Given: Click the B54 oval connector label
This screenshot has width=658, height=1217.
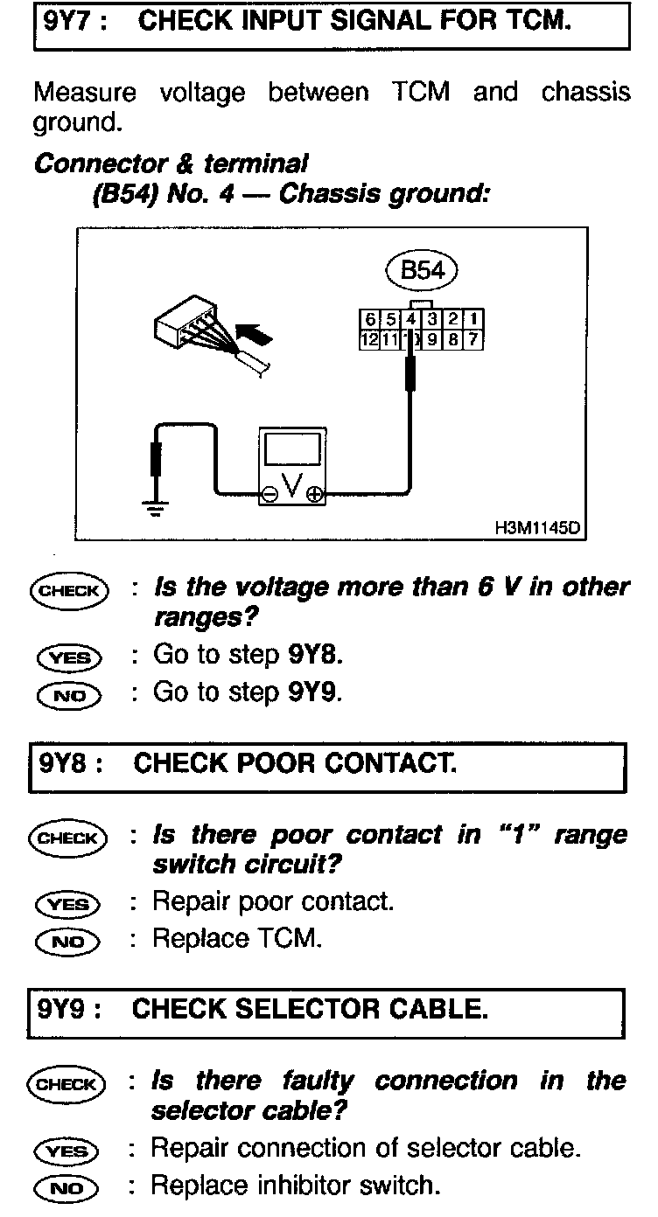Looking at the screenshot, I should [422, 270].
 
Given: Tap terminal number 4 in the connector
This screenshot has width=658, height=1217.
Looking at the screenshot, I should [410, 319].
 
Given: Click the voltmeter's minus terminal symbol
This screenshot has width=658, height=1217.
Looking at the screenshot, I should [271, 495].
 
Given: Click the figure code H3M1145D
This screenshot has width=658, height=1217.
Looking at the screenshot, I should [536, 529].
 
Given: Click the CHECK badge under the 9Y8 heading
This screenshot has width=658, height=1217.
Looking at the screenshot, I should [68, 838].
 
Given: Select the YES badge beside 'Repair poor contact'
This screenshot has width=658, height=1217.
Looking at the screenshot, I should [68, 903].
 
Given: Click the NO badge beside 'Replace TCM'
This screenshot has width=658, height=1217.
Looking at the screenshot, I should [68, 941].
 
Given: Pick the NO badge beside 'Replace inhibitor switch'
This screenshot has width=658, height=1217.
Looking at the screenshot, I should [68, 1186].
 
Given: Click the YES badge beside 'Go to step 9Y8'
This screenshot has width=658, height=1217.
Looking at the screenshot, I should [68, 657].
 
